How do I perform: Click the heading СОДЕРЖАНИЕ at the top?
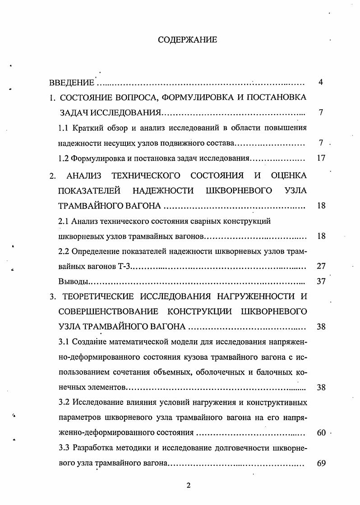click(x=187, y=40)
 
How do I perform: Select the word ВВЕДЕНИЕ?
click(x=72, y=83)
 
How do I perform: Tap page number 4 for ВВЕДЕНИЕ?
click(x=320, y=83)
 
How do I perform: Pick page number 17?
click(x=321, y=158)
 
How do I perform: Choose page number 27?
click(x=321, y=266)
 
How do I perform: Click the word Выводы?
click(x=73, y=282)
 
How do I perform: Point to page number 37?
click(x=321, y=282)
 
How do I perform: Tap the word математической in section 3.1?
click(x=137, y=342)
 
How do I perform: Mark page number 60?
click(x=321, y=433)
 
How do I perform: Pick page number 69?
click(x=321, y=463)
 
